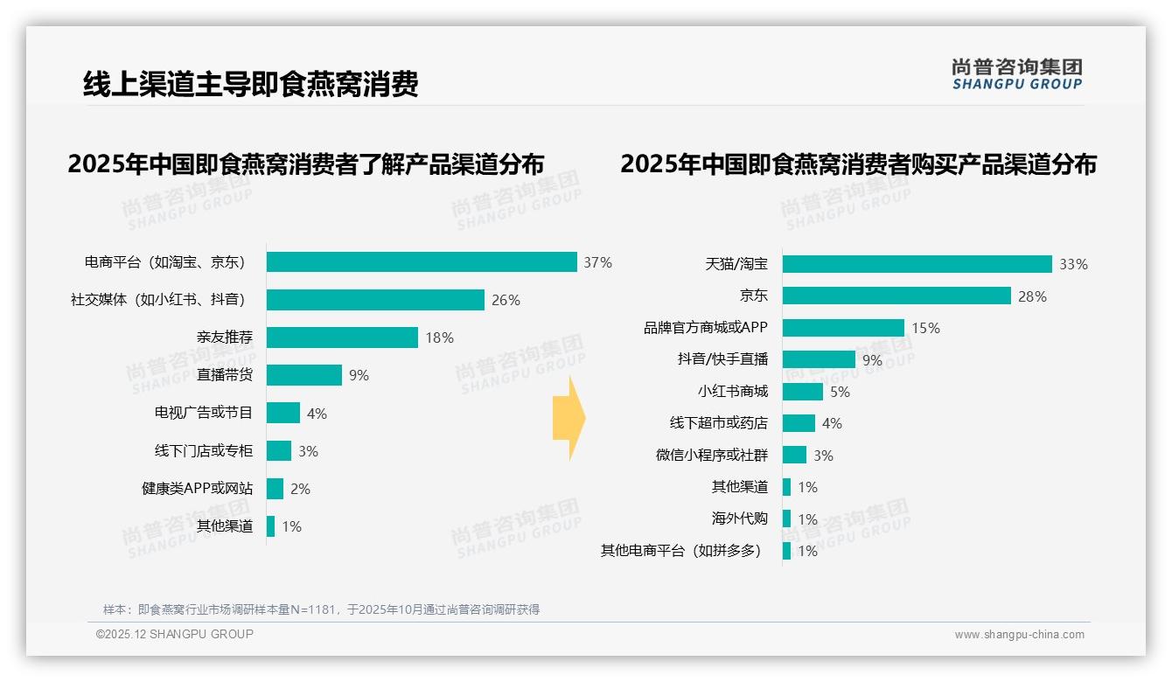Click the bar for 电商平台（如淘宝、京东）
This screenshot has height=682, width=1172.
point(422,262)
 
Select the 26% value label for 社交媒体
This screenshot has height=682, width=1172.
point(506,300)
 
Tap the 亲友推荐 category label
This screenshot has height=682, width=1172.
point(224,338)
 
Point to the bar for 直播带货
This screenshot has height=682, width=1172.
point(303,375)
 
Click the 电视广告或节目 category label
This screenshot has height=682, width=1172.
point(203,413)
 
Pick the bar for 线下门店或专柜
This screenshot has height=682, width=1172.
point(278,451)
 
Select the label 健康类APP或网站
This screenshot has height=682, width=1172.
point(197,489)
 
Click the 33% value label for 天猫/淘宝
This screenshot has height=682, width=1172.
point(1073,264)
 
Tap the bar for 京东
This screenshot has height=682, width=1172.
point(896,296)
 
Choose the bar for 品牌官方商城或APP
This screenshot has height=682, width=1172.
point(843,328)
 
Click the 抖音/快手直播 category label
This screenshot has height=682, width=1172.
point(722,359)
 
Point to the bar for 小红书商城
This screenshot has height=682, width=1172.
point(802,392)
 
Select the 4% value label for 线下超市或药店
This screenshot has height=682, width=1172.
point(832,423)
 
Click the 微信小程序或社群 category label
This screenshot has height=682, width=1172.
point(711,455)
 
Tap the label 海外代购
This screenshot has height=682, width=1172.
point(739,518)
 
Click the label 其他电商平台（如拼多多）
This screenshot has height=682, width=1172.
point(680,551)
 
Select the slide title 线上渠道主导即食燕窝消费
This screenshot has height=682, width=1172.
point(251,84)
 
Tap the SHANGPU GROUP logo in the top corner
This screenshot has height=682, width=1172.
point(1016,73)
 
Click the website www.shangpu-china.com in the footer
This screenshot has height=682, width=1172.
point(1019,635)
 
